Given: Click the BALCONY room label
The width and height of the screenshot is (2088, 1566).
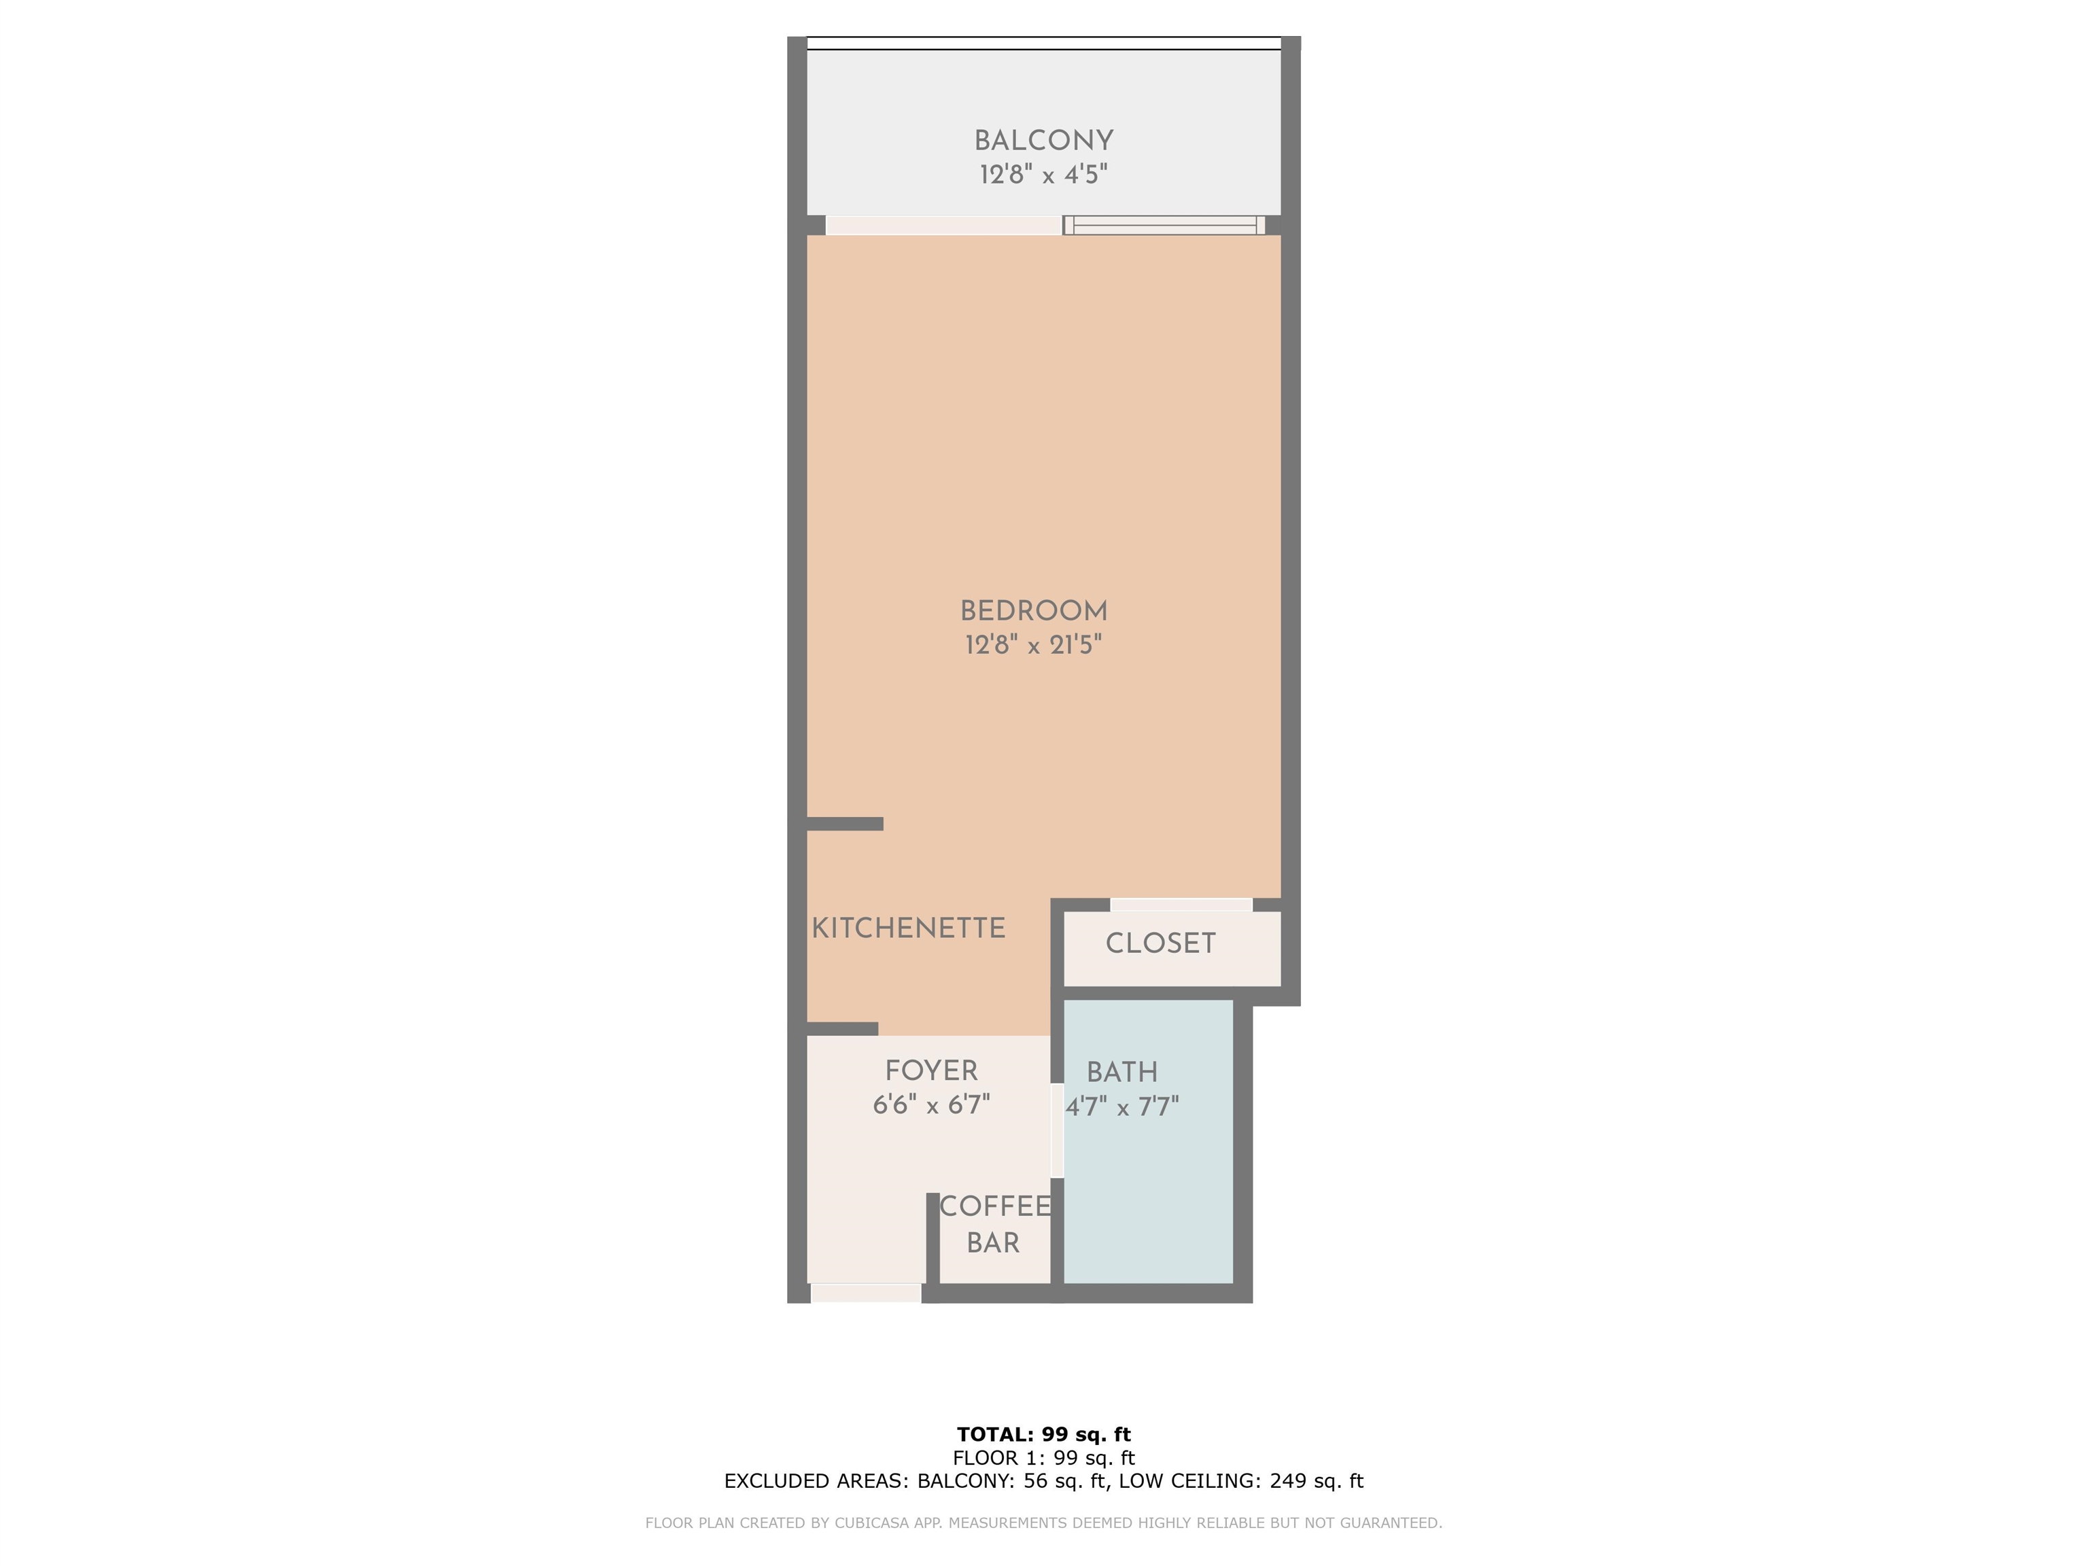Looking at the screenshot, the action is (1043, 141).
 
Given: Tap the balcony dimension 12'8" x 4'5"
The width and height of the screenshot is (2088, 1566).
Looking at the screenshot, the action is (1043, 175).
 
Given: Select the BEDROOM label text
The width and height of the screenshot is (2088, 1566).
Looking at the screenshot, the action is (1034, 611).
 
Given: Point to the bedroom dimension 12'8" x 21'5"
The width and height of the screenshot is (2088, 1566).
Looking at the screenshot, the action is (1034, 645).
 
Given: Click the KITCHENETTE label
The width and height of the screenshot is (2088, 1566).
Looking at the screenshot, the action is (908, 929).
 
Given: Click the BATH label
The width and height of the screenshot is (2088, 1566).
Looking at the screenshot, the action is (1121, 1073).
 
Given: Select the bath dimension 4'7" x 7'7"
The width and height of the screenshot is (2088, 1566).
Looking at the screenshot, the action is (1122, 1107).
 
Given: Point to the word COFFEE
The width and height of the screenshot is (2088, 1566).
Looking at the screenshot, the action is (995, 1206).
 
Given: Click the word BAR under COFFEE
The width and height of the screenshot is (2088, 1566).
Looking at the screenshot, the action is (993, 1243).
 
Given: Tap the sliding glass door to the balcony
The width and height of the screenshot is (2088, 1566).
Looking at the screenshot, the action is (1164, 226).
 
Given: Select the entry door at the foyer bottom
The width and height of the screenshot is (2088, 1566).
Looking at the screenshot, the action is (866, 1293).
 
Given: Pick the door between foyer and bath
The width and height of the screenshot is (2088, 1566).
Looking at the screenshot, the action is (1057, 1131).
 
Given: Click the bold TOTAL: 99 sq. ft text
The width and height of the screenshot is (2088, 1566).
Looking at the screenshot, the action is (1043, 1435).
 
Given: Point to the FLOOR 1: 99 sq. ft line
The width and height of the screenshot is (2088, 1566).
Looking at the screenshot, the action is (1043, 1459).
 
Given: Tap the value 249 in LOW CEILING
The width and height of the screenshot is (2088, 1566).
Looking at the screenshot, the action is (1289, 1481).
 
